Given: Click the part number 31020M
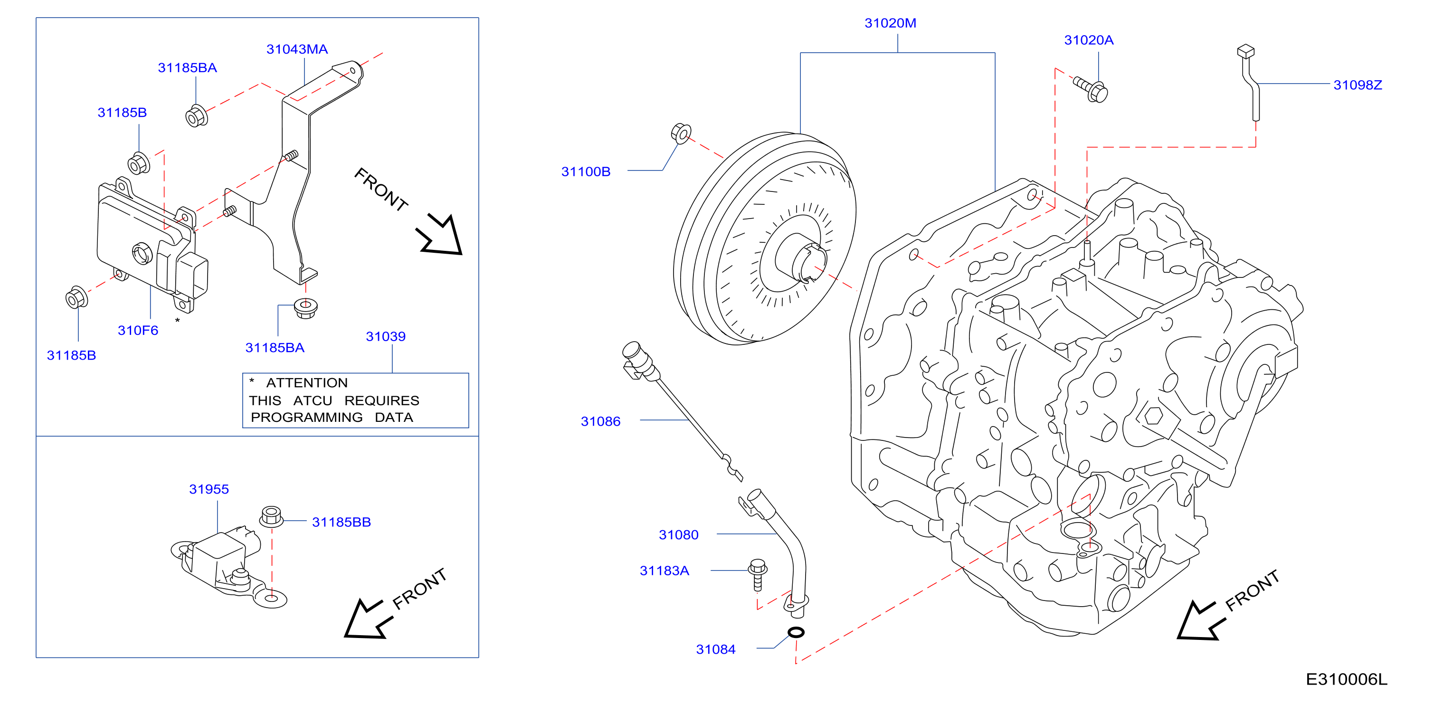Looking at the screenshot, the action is click(x=890, y=23).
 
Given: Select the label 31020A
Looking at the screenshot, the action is click(x=1088, y=40).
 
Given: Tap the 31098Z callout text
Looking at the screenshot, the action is click(x=1358, y=85).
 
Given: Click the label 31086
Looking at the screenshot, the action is click(x=600, y=421).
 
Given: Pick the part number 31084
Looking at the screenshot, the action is click(x=715, y=649).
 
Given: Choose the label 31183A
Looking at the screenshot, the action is click(x=665, y=571).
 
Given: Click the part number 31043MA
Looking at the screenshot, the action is click(x=297, y=49).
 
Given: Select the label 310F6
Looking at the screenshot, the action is click(x=138, y=331).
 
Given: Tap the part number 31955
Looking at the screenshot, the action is click(x=209, y=489).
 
